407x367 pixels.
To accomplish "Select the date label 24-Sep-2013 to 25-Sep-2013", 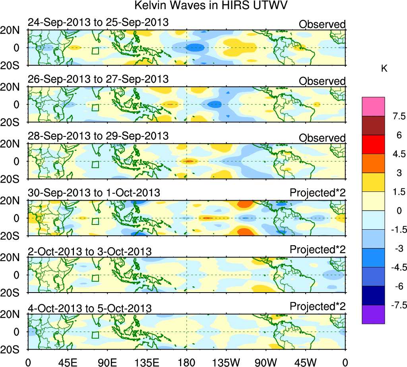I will (98, 22).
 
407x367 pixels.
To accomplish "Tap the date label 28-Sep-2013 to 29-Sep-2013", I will (98, 135).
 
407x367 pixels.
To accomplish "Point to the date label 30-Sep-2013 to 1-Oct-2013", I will (94, 193).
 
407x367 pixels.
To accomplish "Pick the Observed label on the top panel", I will (322, 24).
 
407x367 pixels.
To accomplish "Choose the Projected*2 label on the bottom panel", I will (318, 306).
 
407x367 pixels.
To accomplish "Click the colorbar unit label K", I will (384, 68).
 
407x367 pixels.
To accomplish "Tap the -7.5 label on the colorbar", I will (396, 305).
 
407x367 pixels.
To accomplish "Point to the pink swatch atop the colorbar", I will (373, 106).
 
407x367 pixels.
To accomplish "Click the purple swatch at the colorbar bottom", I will (373, 314).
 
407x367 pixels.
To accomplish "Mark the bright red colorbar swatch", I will (373, 144).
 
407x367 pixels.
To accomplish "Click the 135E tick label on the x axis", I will (147, 362).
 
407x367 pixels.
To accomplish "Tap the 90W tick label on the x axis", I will (266, 362).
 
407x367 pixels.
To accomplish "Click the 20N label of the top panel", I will (13, 30).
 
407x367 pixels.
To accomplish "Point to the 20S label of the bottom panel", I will (13, 349).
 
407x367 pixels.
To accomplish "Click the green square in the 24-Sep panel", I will (95, 51).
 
